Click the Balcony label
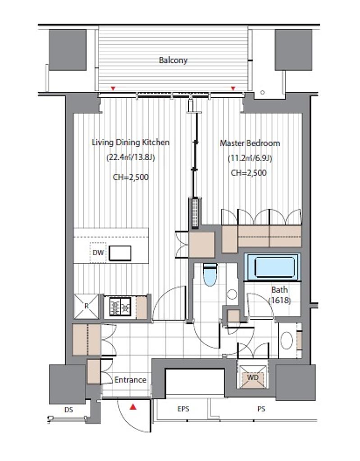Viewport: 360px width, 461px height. [173, 60]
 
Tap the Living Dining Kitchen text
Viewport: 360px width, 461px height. [131, 142]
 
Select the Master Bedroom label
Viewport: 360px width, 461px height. [250, 143]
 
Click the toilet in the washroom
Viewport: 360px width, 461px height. [210, 275]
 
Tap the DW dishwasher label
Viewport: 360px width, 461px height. [98, 253]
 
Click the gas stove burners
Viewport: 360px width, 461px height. [120, 307]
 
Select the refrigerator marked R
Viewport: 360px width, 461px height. [86, 306]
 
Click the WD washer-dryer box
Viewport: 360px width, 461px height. [253, 377]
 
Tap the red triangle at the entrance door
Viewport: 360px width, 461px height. [133, 407]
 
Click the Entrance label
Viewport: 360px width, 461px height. [130, 380]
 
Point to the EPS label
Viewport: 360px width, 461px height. [183, 409]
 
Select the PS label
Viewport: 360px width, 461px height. [261, 409]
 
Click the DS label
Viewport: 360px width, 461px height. [68, 410]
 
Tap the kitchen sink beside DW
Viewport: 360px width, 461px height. [120, 253]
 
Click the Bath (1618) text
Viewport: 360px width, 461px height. [280, 295]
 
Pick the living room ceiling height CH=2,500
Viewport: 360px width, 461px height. [131, 177]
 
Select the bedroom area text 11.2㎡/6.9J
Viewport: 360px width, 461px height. [250, 158]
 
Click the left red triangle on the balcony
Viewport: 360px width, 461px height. [112, 89]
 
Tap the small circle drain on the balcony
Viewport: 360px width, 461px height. [263, 92]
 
